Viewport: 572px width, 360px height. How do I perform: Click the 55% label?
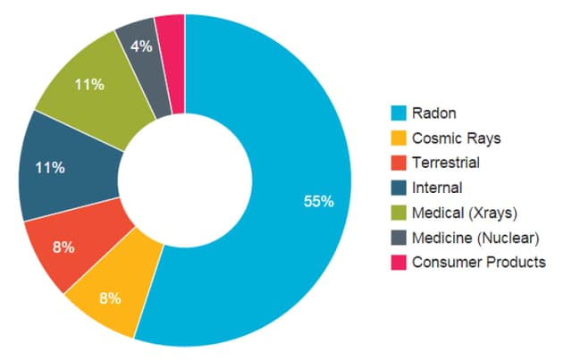[318, 202]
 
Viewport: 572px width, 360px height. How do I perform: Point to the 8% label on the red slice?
[63, 247]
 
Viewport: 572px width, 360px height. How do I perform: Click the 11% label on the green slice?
[89, 85]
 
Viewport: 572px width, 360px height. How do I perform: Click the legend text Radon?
[434, 113]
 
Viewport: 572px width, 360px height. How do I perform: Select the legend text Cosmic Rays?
[456, 138]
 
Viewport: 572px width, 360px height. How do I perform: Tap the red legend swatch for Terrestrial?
[400, 163]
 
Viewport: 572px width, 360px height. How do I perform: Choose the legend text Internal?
[437, 188]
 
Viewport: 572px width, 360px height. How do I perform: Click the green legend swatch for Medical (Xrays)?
[400, 213]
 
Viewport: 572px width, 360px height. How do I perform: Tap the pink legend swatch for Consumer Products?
[400, 262]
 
